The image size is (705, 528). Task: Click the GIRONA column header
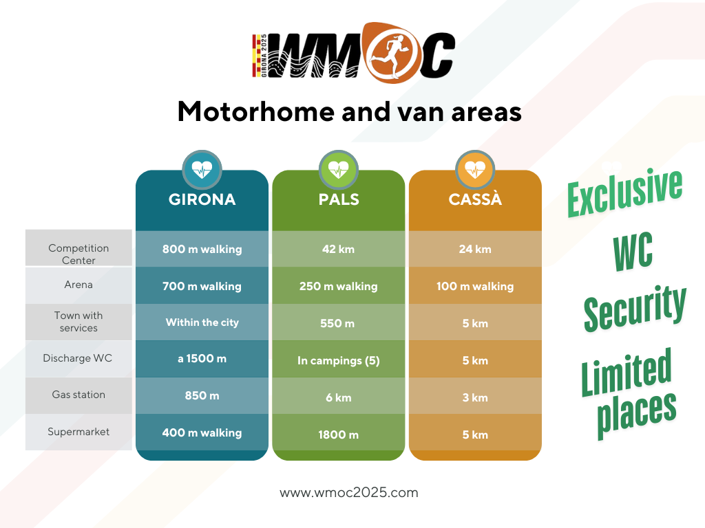[x=202, y=199]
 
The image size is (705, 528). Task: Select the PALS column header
[x=339, y=199]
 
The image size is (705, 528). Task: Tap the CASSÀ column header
[x=475, y=199]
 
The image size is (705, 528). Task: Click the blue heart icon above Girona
[x=202, y=170]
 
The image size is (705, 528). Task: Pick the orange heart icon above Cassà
[x=475, y=170]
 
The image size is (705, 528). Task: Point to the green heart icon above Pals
[x=339, y=170]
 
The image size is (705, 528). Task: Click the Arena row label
[x=78, y=285]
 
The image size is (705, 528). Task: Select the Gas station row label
[x=78, y=395]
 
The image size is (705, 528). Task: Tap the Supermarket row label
[x=78, y=432]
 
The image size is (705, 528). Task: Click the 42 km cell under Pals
[x=339, y=249]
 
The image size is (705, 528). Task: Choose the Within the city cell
[x=202, y=322]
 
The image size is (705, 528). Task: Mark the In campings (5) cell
[x=339, y=360]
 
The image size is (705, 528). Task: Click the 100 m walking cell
[x=475, y=286]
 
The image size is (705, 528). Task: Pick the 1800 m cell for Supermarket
[x=339, y=434]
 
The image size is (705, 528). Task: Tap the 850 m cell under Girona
[x=202, y=395]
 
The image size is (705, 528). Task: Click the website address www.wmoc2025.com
[x=349, y=492]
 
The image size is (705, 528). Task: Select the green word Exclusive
[x=625, y=193]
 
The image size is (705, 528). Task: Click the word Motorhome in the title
[x=256, y=111]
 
